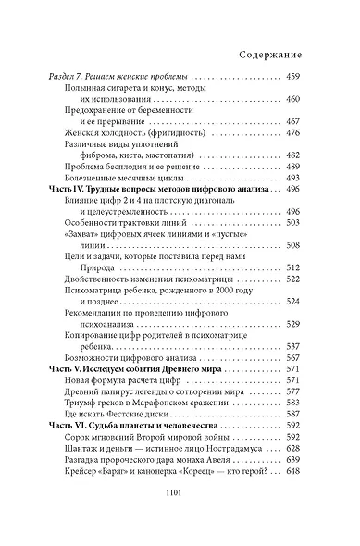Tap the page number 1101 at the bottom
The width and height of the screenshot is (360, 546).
tap(180, 521)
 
